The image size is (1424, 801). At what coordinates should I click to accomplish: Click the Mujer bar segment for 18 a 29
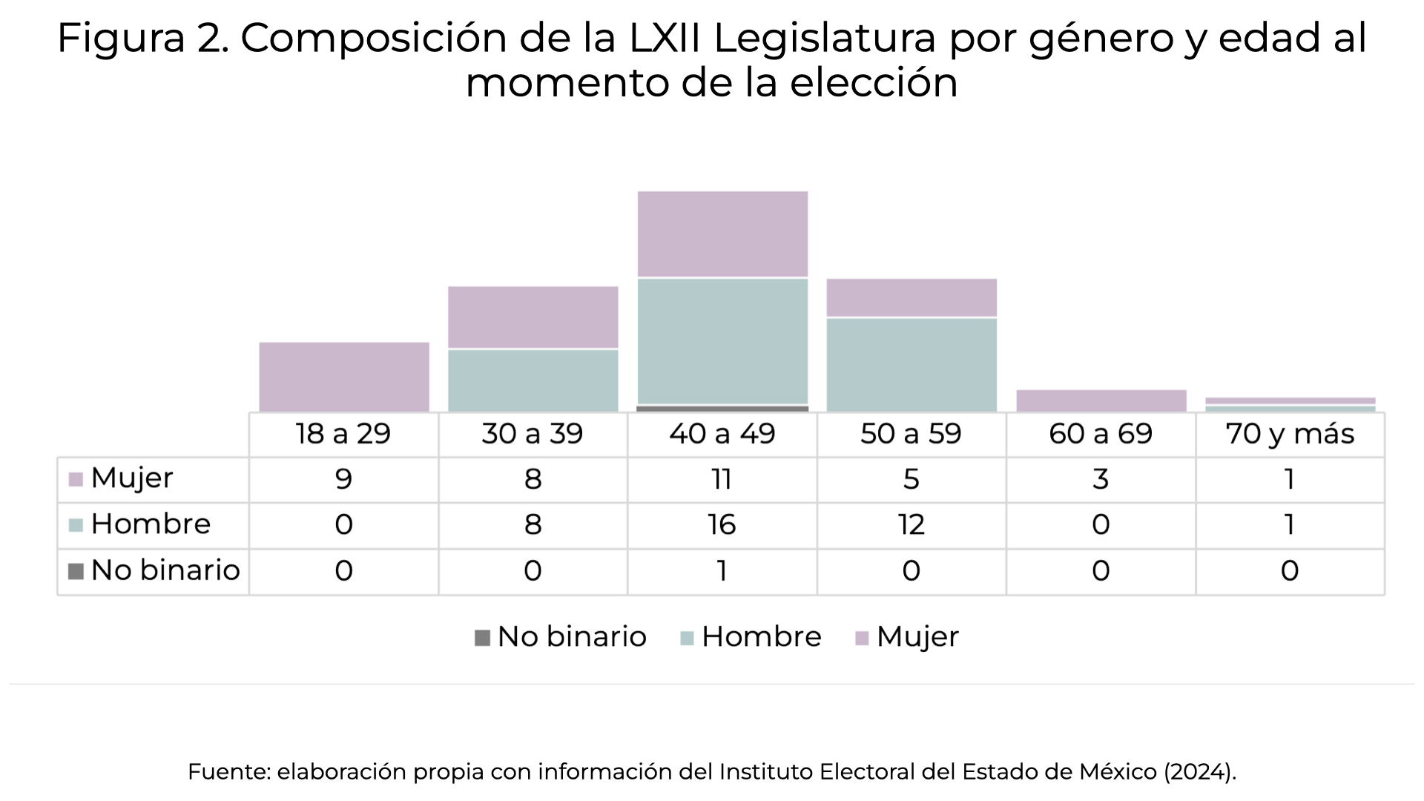(344, 377)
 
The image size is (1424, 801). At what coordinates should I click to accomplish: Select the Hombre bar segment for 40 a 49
(722, 341)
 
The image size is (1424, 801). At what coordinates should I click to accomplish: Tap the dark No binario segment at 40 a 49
(722, 408)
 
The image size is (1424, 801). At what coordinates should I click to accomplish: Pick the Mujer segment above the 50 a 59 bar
(912, 298)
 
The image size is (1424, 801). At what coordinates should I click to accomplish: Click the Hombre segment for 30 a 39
(533, 380)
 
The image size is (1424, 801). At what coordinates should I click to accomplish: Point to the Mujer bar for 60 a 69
(1101, 400)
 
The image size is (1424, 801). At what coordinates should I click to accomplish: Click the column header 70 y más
(1290, 435)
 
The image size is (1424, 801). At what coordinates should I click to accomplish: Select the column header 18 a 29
(343, 435)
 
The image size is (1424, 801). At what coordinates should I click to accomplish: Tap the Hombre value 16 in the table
(722, 525)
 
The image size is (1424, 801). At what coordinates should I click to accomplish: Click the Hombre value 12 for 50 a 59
(912, 525)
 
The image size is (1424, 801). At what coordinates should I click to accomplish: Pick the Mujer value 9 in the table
(343, 479)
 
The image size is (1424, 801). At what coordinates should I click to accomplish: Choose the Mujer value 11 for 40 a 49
(722, 479)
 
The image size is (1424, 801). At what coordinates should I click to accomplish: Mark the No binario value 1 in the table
(722, 571)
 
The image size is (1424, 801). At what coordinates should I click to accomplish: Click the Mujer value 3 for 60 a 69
(1101, 479)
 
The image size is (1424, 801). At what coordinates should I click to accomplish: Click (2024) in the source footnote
(1199, 772)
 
